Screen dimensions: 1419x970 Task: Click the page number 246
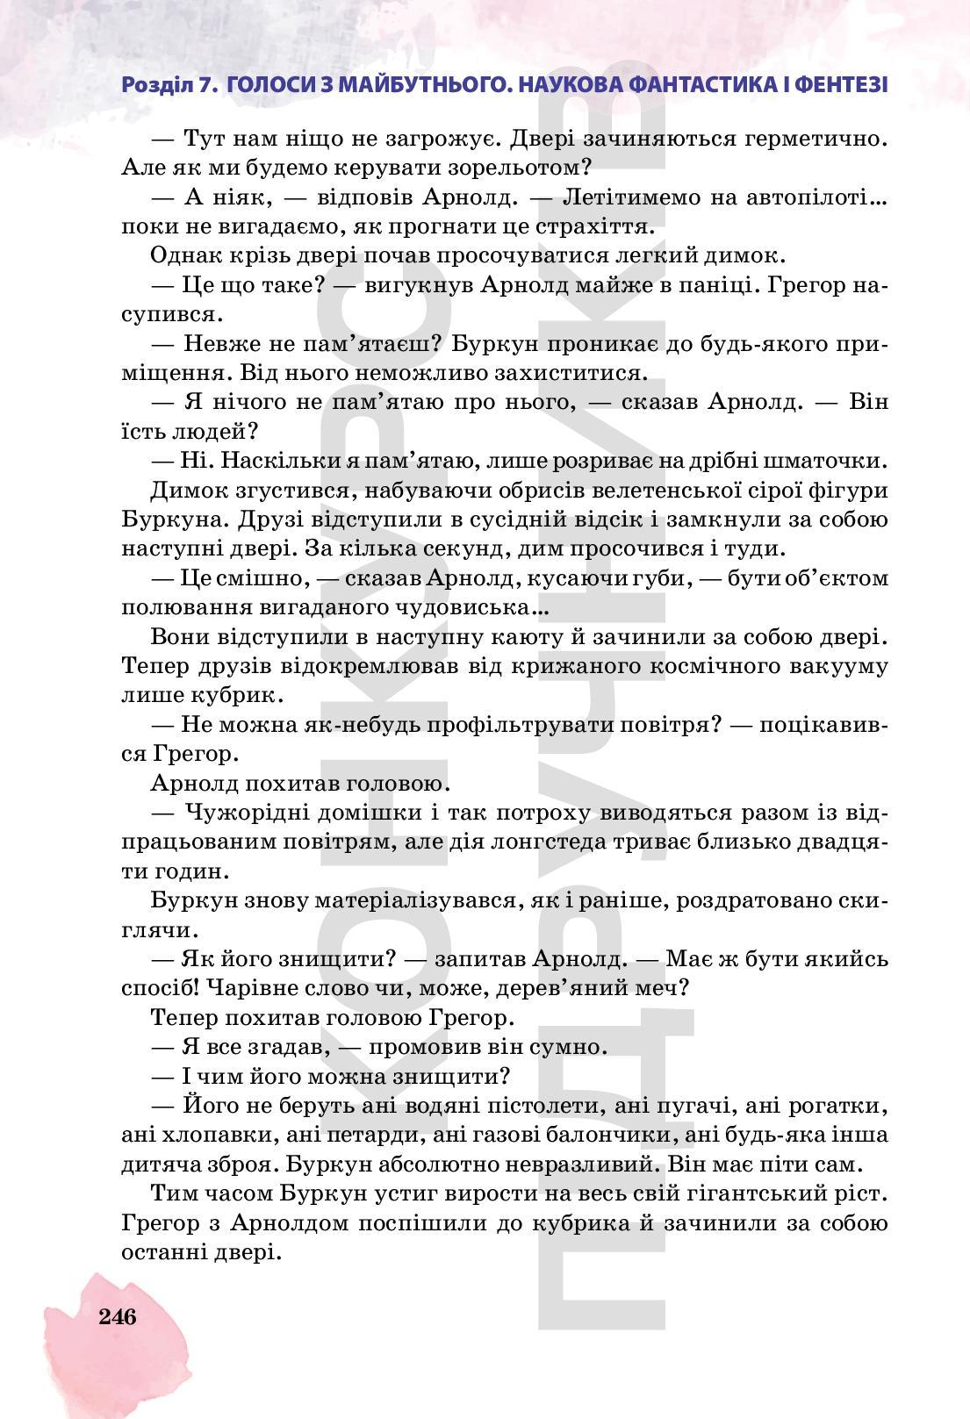[x=118, y=1316]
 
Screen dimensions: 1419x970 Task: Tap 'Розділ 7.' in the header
[x=169, y=85]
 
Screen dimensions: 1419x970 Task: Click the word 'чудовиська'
[x=473, y=607]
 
